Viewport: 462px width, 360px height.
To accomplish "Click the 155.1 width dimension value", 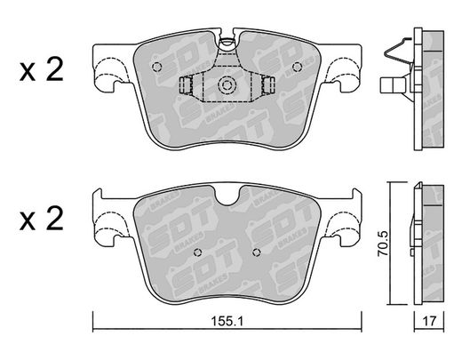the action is (227, 321).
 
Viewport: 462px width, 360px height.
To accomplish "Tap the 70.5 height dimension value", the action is (383, 244).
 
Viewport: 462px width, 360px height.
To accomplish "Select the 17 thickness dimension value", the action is (429, 321).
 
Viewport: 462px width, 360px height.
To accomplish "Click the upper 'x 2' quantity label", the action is (42, 69).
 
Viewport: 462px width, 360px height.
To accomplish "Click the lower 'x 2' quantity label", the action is (42, 219).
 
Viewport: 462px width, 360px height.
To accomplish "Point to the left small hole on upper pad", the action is (156, 67).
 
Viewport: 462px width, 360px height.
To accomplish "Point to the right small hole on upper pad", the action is (297, 68).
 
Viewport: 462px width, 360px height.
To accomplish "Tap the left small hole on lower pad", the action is (197, 252).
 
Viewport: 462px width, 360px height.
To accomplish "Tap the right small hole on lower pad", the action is (257, 252).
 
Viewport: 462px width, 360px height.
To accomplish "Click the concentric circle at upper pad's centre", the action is (227, 85).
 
